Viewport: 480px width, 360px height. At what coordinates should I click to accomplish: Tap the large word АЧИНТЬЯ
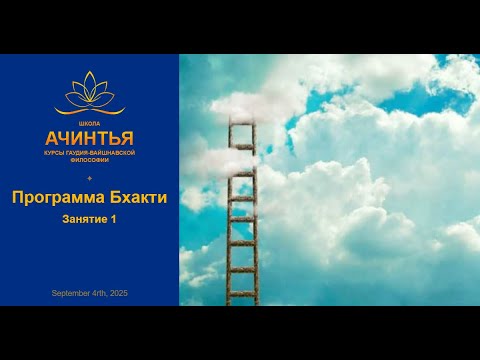[x=89, y=135]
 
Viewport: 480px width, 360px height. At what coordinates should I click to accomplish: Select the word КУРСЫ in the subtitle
[x=54, y=152]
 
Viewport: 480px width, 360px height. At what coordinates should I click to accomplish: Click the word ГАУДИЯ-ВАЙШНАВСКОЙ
[x=100, y=152]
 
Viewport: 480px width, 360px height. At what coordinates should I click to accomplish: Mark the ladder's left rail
[x=229, y=230]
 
